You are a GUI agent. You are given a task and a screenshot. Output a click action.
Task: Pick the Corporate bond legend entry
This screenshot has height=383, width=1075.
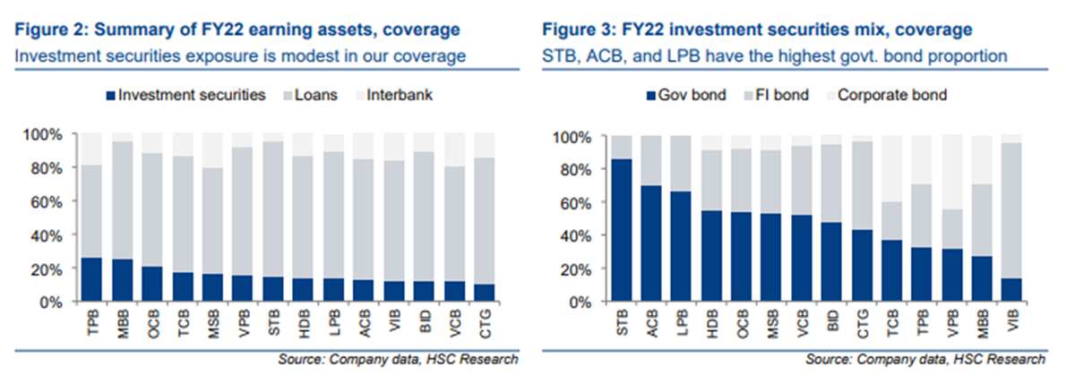[887, 95]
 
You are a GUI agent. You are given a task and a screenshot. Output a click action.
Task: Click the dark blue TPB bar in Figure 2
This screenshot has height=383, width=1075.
[91, 279]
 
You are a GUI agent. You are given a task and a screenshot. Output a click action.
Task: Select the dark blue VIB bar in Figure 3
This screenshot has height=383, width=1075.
[1010, 290]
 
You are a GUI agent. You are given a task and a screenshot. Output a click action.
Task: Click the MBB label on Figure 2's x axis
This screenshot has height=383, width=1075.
[124, 324]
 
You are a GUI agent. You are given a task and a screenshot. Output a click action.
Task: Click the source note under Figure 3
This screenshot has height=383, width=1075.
[925, 359]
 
